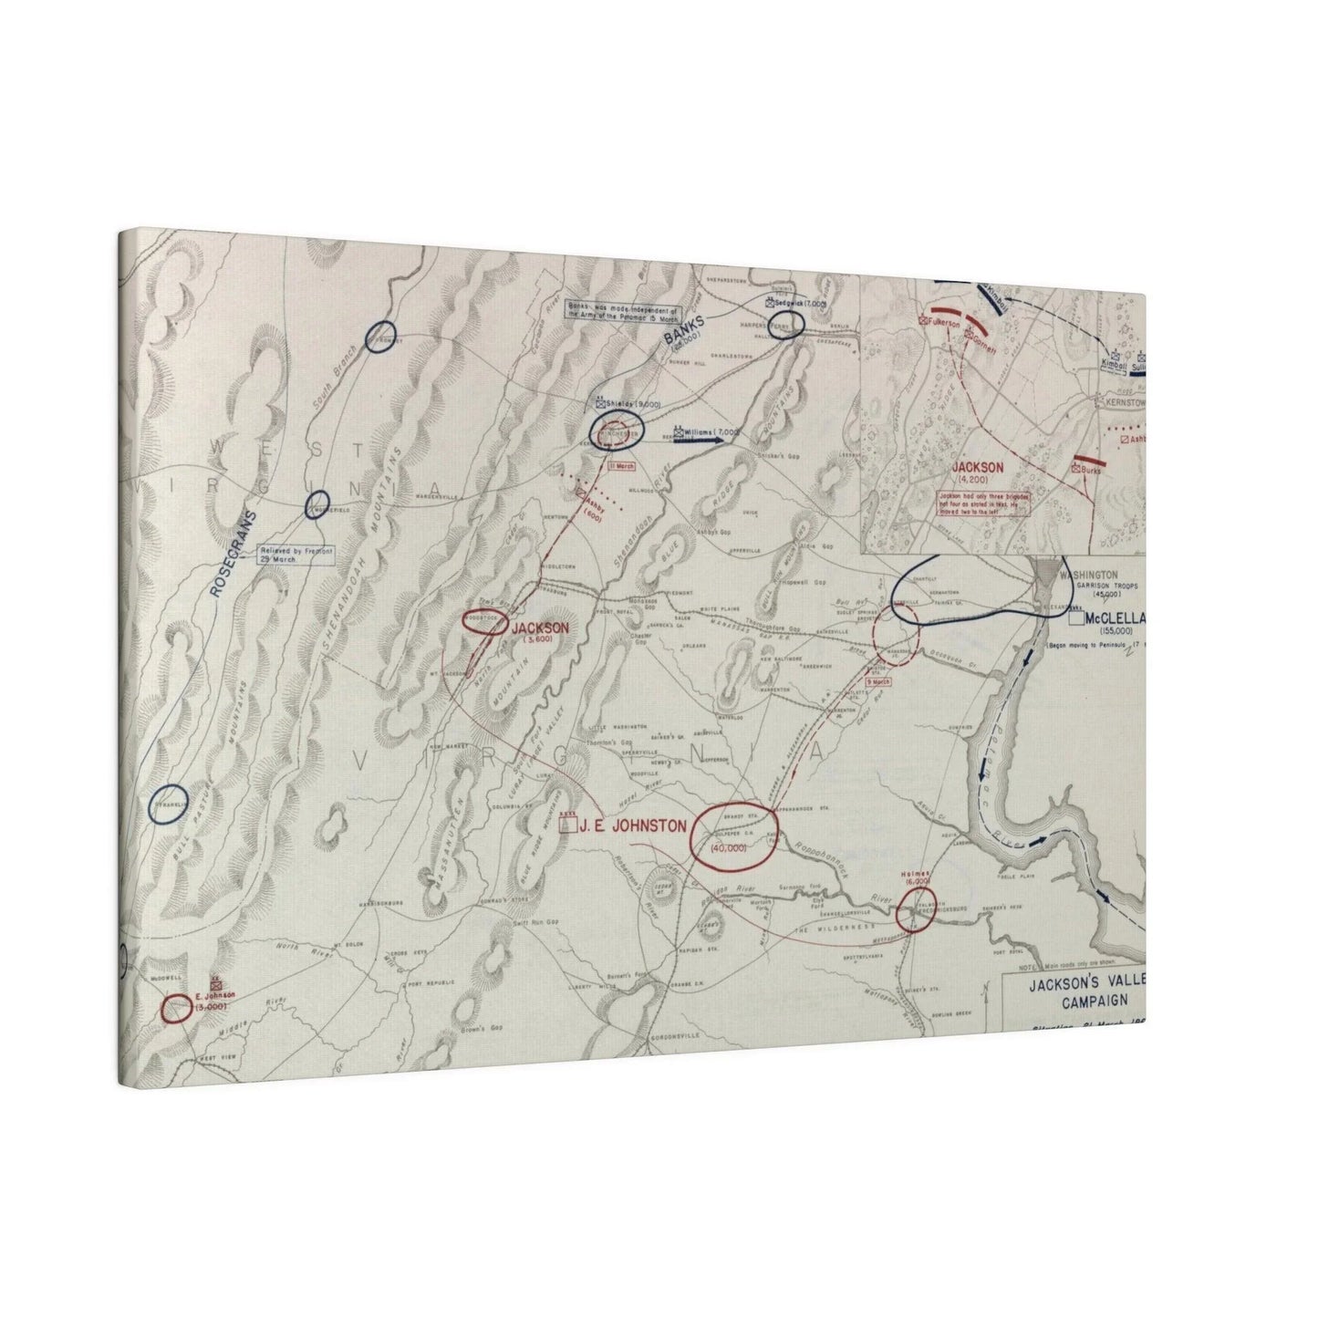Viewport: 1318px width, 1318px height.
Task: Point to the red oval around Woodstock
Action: [x=484, y=620]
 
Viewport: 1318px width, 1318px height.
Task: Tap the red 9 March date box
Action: [x=877, y=681]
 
